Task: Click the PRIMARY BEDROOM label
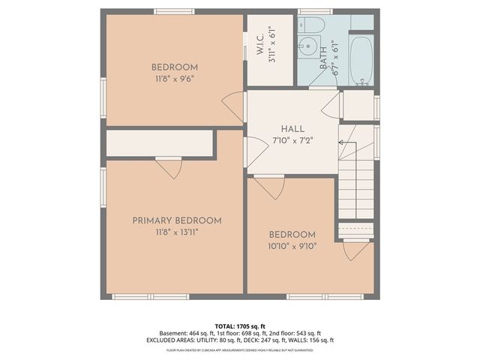177,220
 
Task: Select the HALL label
292,129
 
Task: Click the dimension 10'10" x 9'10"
292,246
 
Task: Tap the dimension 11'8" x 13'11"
177,232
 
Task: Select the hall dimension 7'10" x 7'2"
292,140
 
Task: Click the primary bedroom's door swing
169,168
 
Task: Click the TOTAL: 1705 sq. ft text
240,326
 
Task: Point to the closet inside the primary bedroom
160,143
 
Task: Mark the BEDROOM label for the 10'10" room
292,235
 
